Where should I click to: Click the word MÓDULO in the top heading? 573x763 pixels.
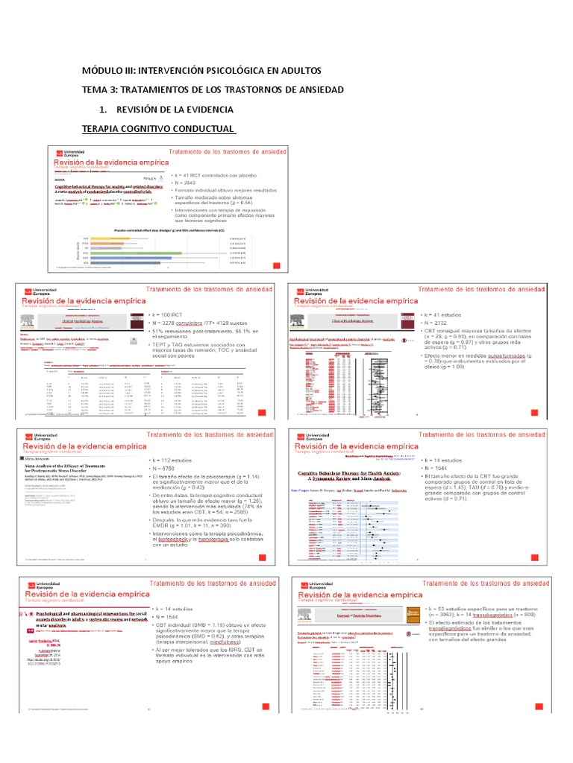pos(106,70)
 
